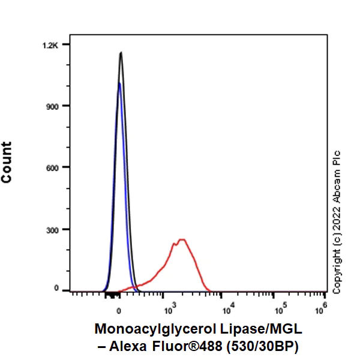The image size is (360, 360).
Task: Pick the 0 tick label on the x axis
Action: click(119, 311)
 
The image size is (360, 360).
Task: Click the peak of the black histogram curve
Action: click(121, 53)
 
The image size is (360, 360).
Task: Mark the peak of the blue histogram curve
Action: click(119, 83)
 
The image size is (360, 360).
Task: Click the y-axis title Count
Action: click(7, 163)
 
